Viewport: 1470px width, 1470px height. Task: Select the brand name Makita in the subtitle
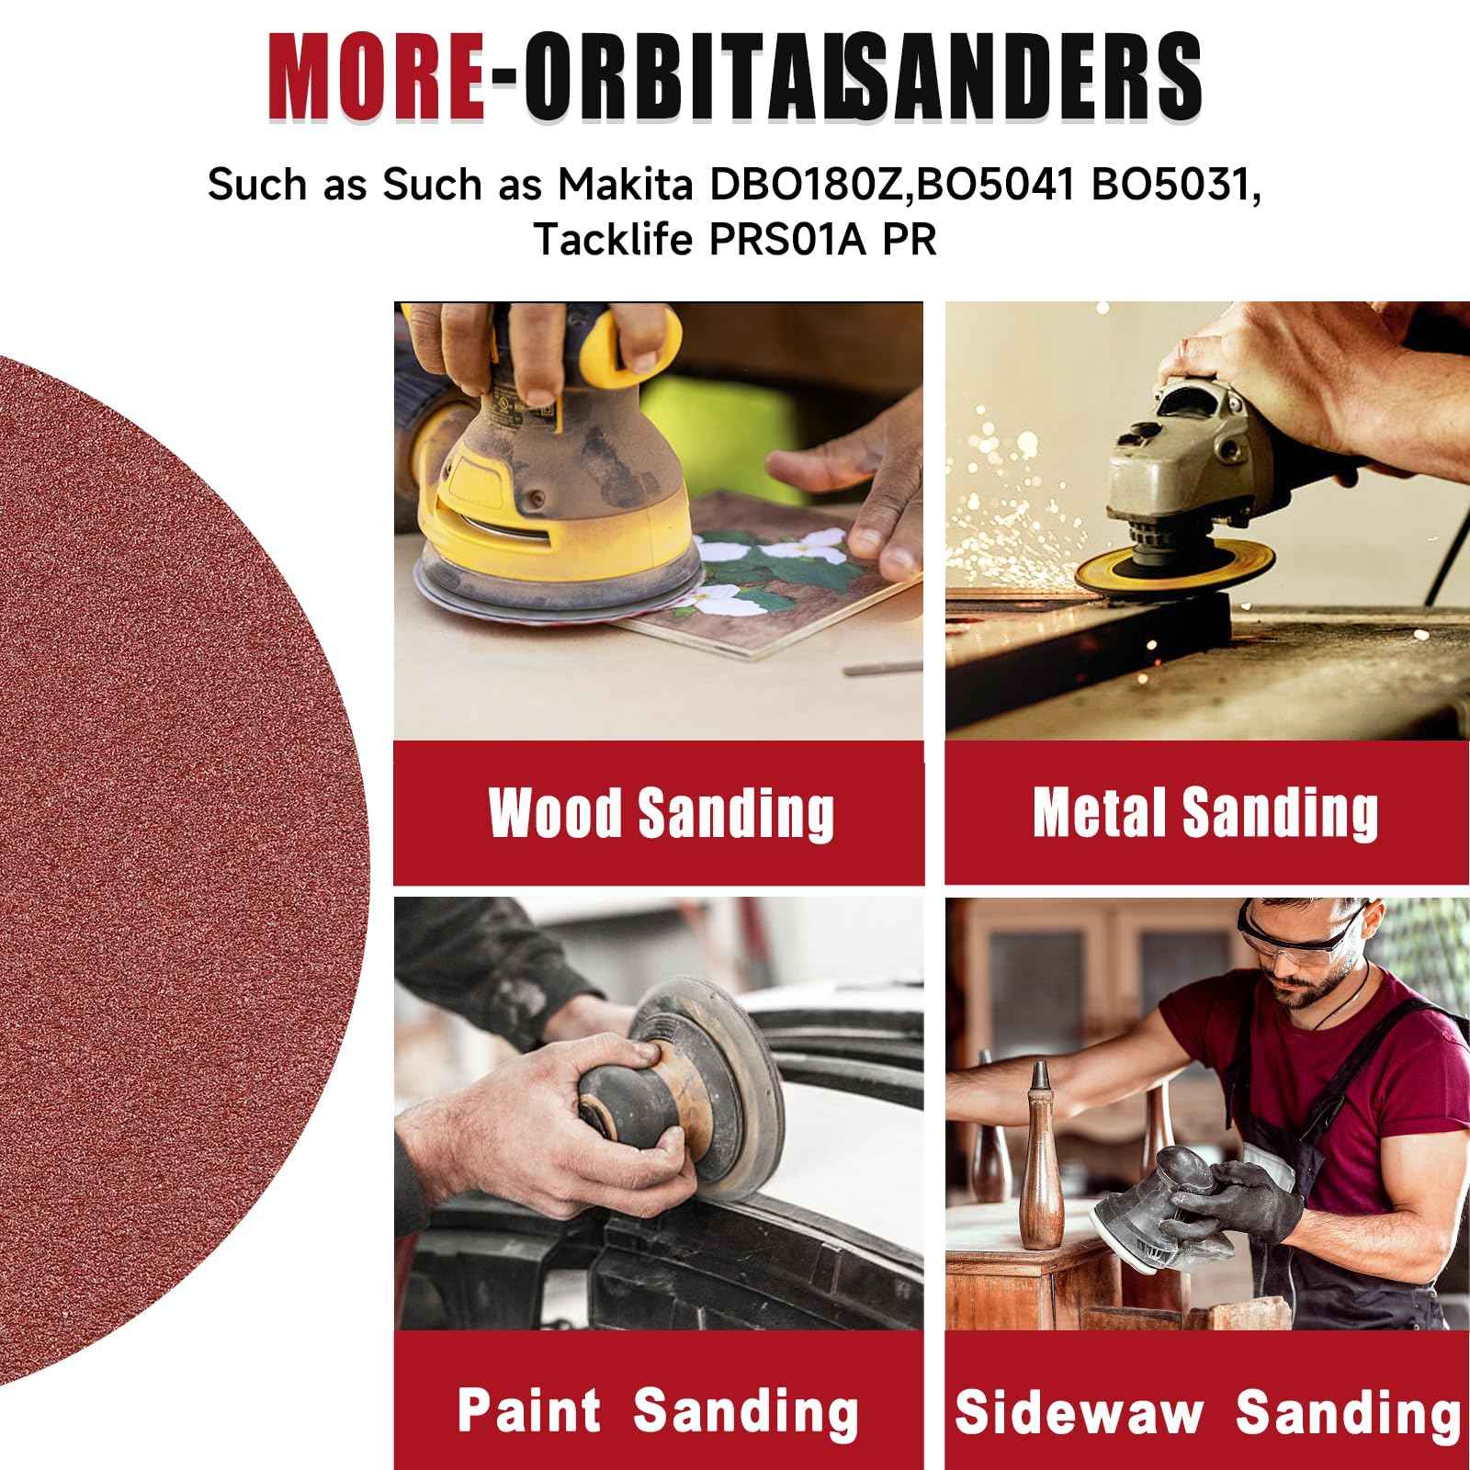625,185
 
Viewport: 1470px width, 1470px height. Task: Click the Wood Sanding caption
660,812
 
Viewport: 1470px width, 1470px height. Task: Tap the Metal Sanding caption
1205,812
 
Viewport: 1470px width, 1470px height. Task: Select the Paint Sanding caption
658,1409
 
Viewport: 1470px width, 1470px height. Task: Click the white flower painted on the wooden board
726,549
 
